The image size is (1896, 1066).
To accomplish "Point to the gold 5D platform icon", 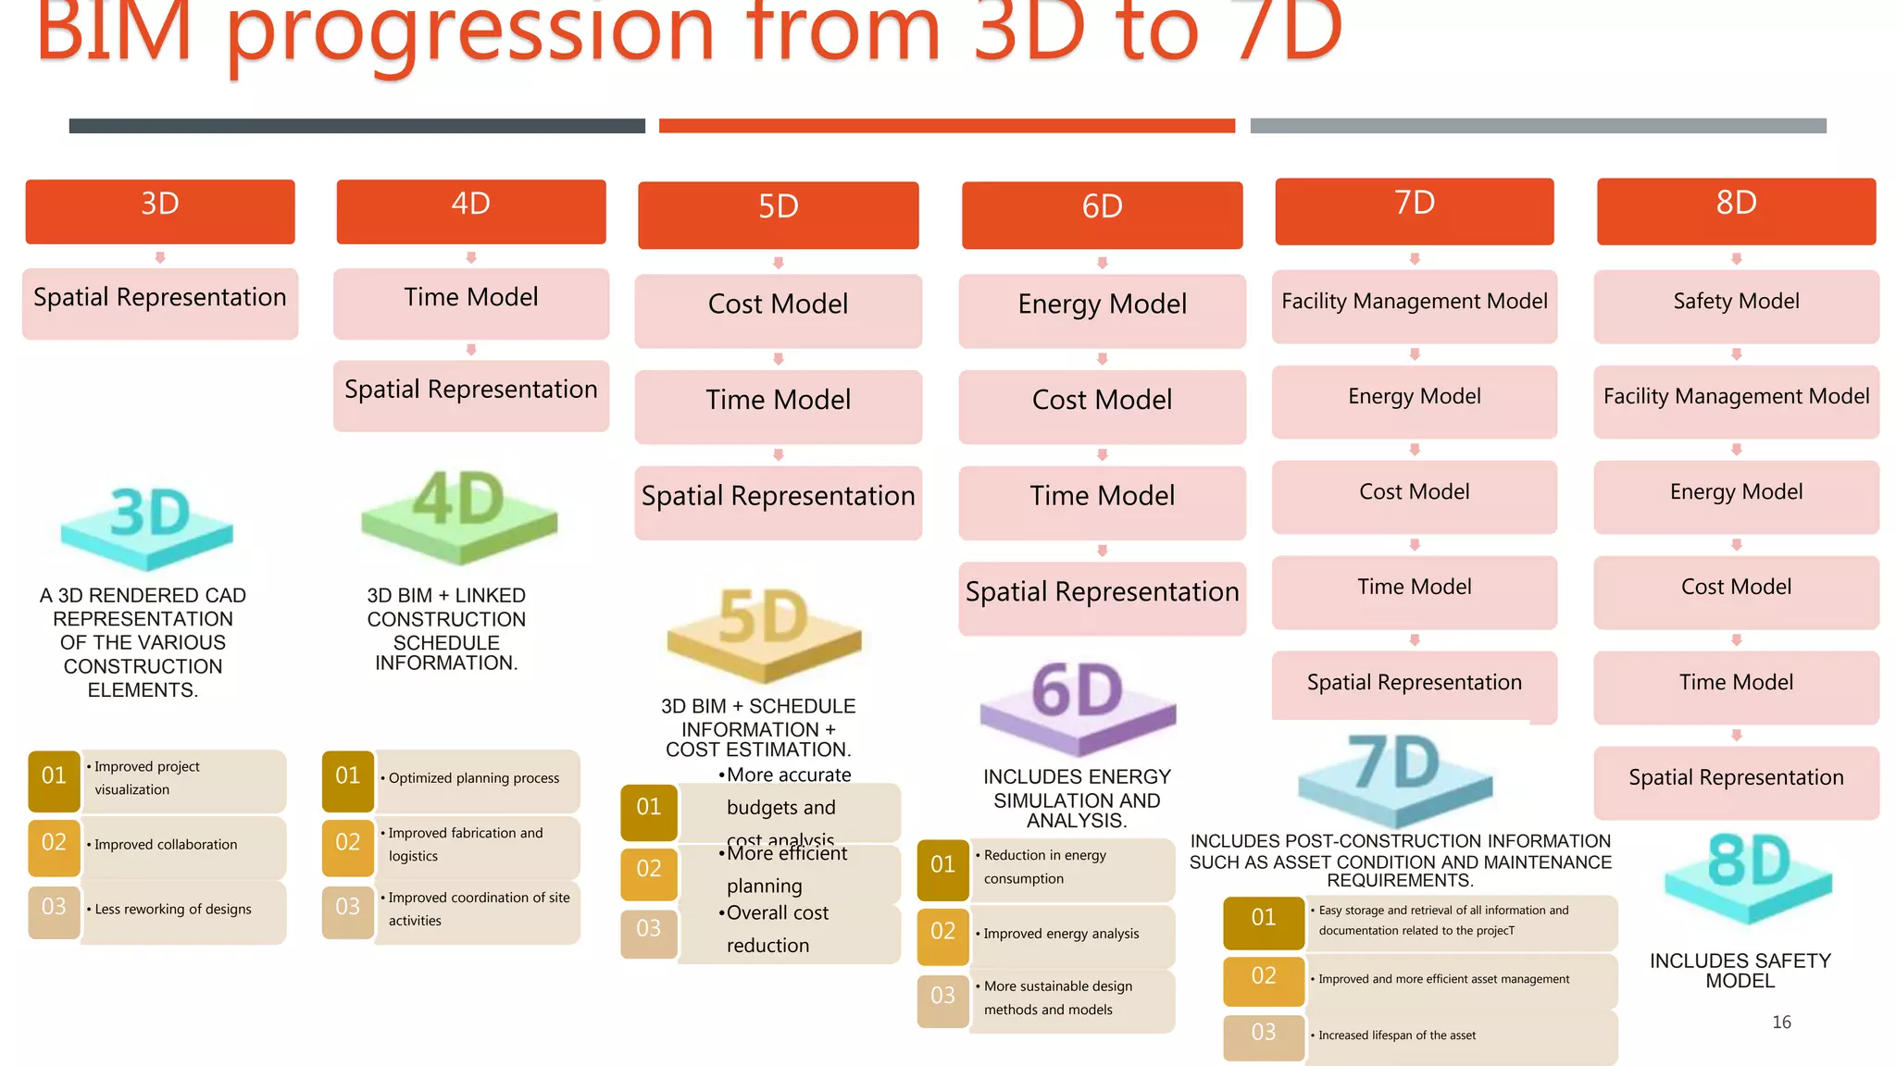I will coord(764,634).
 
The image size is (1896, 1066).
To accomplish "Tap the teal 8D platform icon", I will coord(1748,875).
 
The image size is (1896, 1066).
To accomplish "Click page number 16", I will coord(1781,1023).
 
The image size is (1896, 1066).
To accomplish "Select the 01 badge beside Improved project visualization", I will coord(55,776).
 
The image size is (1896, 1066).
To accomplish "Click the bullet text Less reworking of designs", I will coord(172,910).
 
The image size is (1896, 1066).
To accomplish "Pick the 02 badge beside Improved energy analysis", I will coord(942,932).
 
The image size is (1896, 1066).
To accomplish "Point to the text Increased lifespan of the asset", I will coord(1397,1035).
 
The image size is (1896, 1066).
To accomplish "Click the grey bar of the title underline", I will coord(1538,126).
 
